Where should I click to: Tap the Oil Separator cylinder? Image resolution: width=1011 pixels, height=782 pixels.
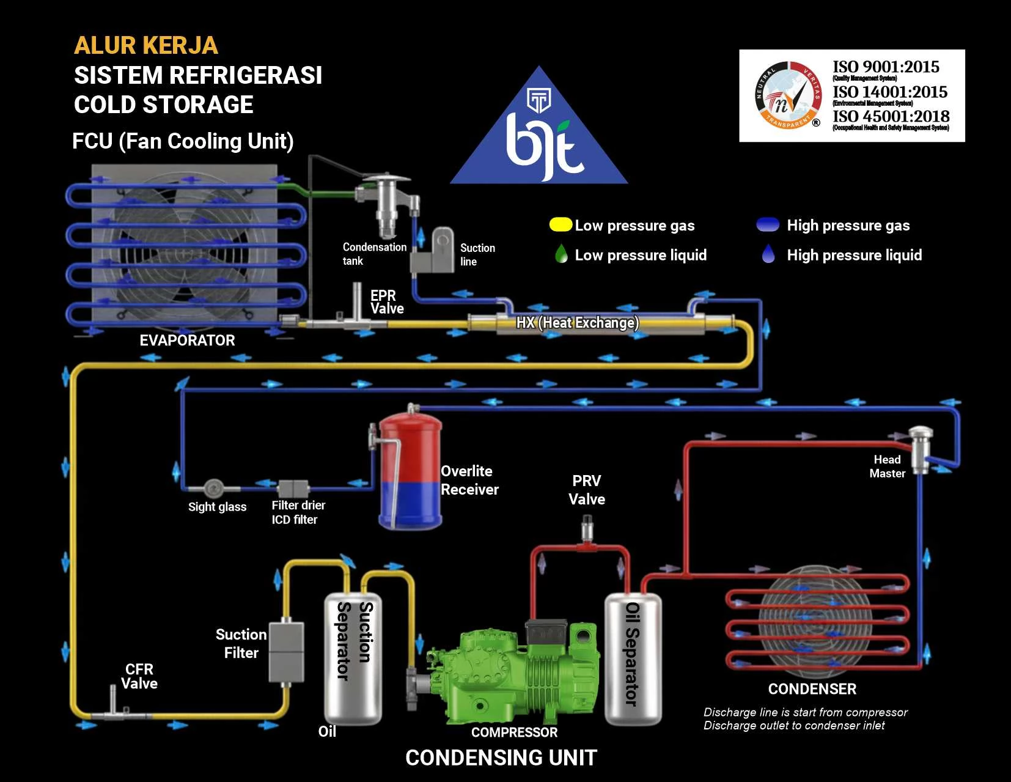pos(633,657)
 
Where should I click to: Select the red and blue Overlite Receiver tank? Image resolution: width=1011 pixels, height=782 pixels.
pos(410,471)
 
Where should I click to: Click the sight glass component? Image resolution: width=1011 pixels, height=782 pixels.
pos(213,488)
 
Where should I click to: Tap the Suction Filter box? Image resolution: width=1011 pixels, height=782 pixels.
pos(286,652)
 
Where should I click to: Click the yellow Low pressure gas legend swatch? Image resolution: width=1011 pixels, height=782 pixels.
pos(560,224)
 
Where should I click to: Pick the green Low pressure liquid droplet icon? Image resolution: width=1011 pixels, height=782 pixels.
pos(561,254)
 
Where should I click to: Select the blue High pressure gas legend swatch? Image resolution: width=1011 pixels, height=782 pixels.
pos(768,224)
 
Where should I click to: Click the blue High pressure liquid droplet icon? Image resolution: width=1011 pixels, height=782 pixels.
pos(768,254)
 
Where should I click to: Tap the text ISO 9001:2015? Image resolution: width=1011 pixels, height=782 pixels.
pos(885,67)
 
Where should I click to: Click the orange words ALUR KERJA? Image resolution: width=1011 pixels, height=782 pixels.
pos(145,45)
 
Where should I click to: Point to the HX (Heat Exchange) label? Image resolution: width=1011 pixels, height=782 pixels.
pos(577,322)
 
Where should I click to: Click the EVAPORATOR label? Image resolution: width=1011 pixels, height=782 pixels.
pos(187,341)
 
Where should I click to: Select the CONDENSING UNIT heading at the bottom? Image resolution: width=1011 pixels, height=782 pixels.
pos(501,758)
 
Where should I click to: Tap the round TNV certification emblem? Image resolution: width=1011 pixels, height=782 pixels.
pos(788,96)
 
